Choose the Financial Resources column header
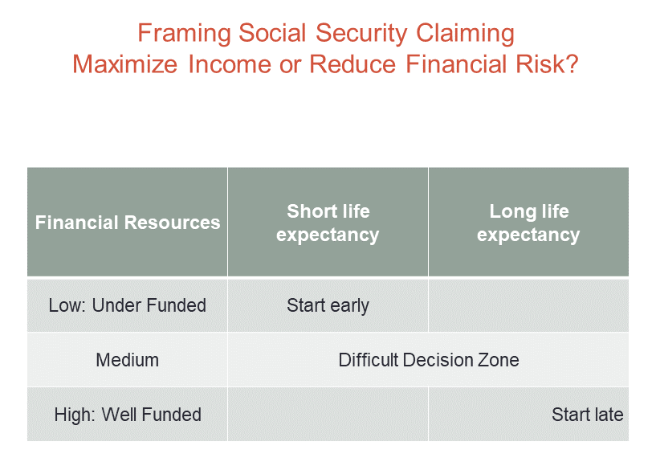pos(127,223)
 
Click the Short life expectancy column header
pos(328,223)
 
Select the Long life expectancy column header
pos(528,223)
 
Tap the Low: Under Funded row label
pos(127,305)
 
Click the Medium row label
pos(127,360)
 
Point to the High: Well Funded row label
pos(127,415)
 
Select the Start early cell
pos(328,305)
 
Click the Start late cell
pos(587,415)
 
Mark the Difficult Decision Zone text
pos(428,360)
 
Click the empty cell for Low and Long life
pos(528,305)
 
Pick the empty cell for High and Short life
pos(328,415)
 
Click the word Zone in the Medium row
pos(498,360)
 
